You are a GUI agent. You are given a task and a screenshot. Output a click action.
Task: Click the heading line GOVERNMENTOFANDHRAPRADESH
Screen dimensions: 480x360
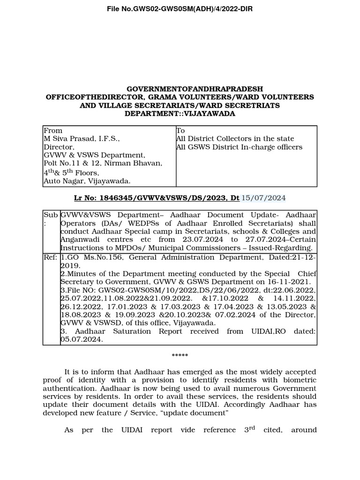195,89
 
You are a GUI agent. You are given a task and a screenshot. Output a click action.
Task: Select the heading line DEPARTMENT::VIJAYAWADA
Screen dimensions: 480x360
180,114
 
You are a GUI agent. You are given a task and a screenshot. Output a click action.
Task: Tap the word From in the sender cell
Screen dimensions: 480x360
53,130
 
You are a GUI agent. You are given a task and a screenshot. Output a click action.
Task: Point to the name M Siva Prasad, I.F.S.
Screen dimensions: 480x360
82,139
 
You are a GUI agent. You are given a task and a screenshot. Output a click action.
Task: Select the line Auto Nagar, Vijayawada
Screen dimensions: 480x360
87,181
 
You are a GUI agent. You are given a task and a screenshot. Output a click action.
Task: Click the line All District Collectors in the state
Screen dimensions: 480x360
235,139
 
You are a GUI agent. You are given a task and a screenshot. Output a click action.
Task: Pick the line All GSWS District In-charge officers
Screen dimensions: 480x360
239,147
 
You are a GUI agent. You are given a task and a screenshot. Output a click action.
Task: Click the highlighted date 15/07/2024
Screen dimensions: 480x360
263,198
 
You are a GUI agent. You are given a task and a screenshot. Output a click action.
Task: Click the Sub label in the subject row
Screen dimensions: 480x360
50,214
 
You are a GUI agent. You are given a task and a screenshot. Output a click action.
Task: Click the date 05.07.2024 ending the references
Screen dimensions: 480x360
82,340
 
